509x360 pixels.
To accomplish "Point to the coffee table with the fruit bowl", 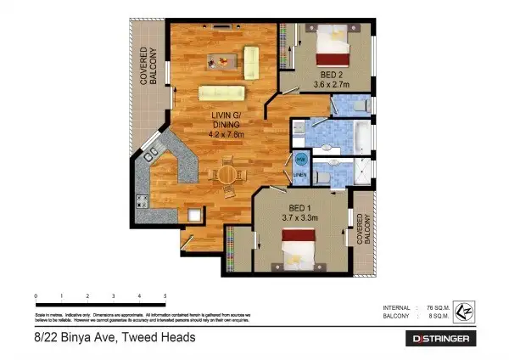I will pyautogui.click(x=221, y=61).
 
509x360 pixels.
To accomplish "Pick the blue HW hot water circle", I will pyautogui.click(x=300, y=160).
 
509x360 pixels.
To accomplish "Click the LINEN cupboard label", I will pyautogui.click(x=300, y=176).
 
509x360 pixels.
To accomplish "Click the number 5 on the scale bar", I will pyautogui.click(x=165, y=295).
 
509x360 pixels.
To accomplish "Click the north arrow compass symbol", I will pyautogui.click(x=464, y=312).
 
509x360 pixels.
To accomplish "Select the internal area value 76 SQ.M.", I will pyautogui.click(x=439, y=307).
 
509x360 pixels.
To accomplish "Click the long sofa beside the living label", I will pyautogui.click(x=221, y=93).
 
